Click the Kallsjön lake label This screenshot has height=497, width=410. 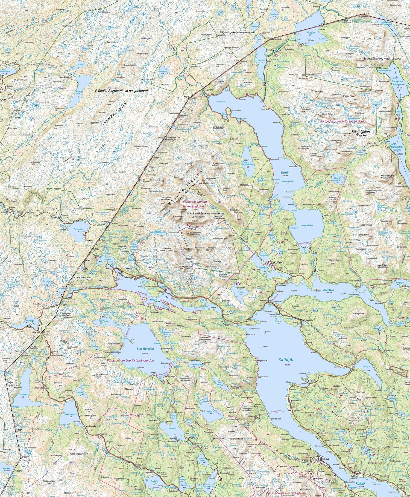pos(286,360)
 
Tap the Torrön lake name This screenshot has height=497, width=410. pos(285,173)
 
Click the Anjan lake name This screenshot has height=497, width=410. pos(154,300)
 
